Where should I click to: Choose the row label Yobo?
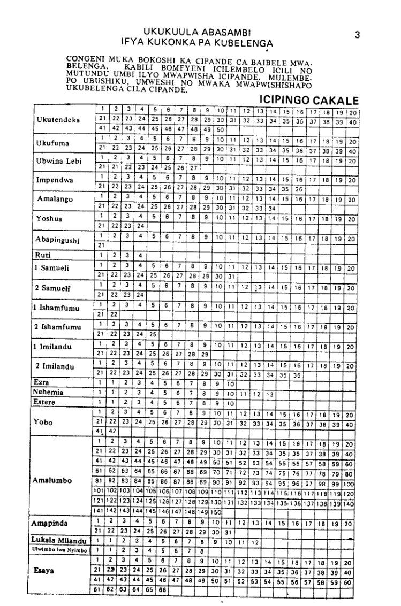pos(42,406)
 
